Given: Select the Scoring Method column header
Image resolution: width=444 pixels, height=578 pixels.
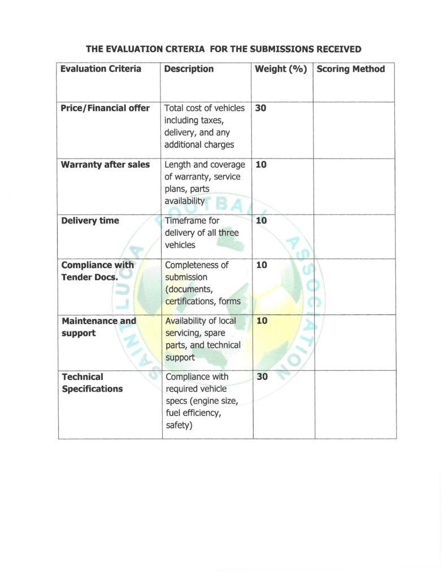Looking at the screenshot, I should (351, 69).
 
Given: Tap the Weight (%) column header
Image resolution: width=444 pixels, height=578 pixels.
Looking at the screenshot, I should (281, 69).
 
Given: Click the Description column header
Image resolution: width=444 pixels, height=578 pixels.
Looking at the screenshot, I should (189, 69).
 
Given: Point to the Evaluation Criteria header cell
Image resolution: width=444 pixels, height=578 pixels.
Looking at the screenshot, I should (101, 69).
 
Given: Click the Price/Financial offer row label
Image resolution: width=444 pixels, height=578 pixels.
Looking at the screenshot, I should (105, 108).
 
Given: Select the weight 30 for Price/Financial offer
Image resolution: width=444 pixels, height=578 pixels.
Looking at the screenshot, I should (260, 108).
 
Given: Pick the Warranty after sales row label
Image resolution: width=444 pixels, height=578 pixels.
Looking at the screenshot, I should (105, 165).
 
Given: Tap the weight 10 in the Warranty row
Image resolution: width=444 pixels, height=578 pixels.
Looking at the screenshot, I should (261, 165).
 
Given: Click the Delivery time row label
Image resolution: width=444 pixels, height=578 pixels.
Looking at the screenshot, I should (90, 221).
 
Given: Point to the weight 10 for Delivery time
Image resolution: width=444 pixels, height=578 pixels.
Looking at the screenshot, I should (261, 221).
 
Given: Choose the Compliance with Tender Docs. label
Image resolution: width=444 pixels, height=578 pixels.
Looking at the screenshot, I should (97, 271).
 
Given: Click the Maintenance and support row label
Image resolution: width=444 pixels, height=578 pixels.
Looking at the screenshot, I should (98, 327).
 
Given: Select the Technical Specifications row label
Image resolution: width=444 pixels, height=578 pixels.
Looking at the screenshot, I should (92, 383).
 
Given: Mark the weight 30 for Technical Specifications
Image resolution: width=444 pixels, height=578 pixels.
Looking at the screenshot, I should (262, 377).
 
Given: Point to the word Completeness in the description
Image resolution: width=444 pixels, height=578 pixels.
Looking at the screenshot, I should (197, 265).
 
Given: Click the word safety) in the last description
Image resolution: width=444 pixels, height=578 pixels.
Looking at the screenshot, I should (179, 425).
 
